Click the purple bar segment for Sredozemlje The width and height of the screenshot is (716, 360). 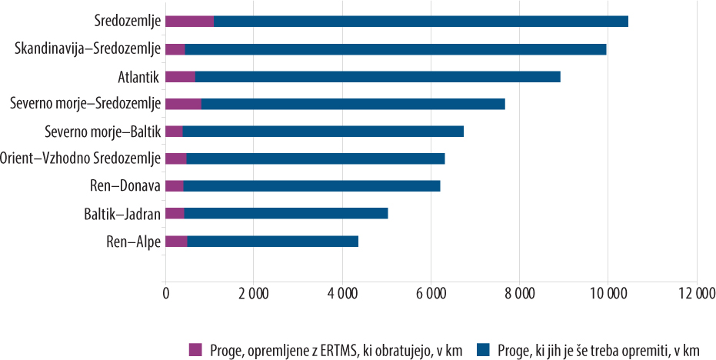tap(189, 21)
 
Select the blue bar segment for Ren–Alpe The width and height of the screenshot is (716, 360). tap(272, 242)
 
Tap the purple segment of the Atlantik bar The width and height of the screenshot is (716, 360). tap(180, 76)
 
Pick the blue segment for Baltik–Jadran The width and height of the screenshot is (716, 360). tap(286, 213)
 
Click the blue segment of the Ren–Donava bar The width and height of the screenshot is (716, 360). tap(311, 186)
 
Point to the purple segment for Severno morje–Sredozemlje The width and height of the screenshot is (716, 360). tap(183, 103)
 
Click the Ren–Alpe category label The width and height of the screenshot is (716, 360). tap(133, 242)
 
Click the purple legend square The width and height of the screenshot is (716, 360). tap(195, 349)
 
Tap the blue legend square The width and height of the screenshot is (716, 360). tap(482, 349)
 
